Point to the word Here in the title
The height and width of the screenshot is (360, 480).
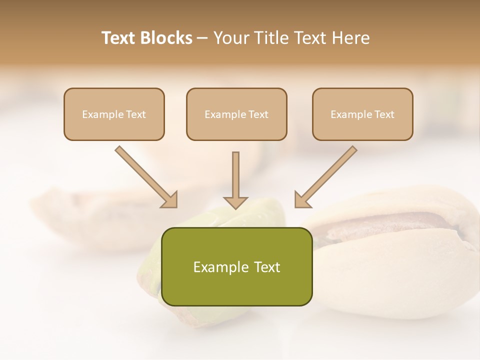click(x=350, y=38)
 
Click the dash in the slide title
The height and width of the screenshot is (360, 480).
click(x=202, y=38)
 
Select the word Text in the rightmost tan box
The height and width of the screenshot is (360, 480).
click(x=384, y=114)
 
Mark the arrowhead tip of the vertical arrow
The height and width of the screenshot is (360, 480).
click(x=235, y=207)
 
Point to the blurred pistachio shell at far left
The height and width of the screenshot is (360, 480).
click(x=65, y=210)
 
